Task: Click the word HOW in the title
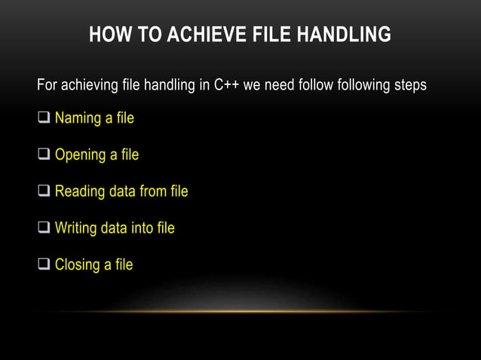(106, 35)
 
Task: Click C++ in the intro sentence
(227, 84)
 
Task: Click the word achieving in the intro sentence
(90, 84)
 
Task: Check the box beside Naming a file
(44, 118)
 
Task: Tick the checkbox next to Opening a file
(44, 155)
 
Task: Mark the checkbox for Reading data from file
(44, 191)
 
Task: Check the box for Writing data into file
(44, 227)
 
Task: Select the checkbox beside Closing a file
(44, 264)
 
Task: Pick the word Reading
(80, 191)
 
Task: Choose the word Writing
(76, 227)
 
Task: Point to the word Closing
(78, 264)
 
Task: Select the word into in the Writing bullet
(143, 227)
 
